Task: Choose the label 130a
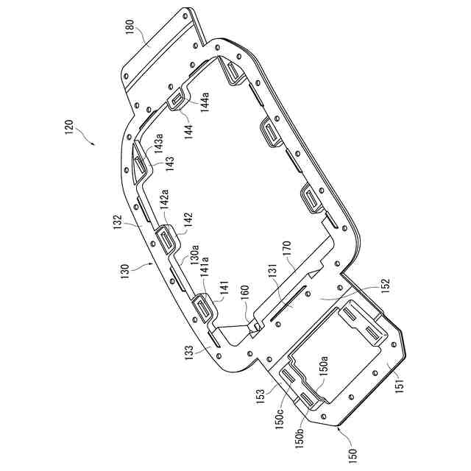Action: [x=195, y=255]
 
